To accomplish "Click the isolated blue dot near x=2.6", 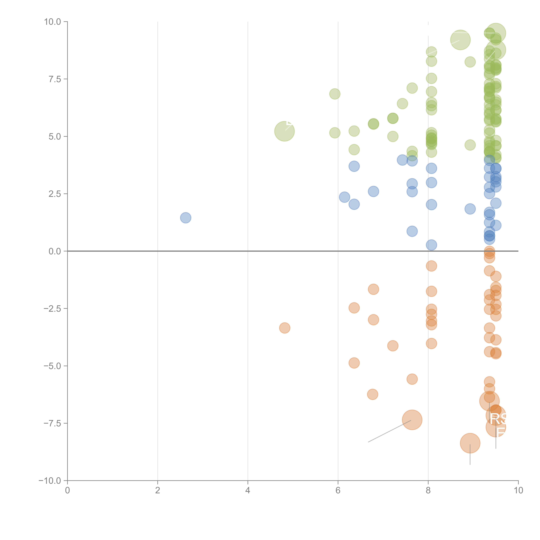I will (x=186, y=218).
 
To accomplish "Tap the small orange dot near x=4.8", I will (x=285, y=328).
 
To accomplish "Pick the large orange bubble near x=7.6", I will (x=412, y=420).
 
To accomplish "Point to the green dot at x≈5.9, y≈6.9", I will (x=335, y=94).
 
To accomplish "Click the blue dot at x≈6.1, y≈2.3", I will (x=344, y=197).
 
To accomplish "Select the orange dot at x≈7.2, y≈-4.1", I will (x=393, y=346).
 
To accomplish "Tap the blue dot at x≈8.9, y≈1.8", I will (x=470, y=209).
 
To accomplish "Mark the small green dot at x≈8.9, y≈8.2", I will (x=470, y=62).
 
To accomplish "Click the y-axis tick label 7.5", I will (x=55, y=79).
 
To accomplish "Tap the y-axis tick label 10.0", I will (x=53, y=22).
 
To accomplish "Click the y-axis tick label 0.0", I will (x=55, y=251).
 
